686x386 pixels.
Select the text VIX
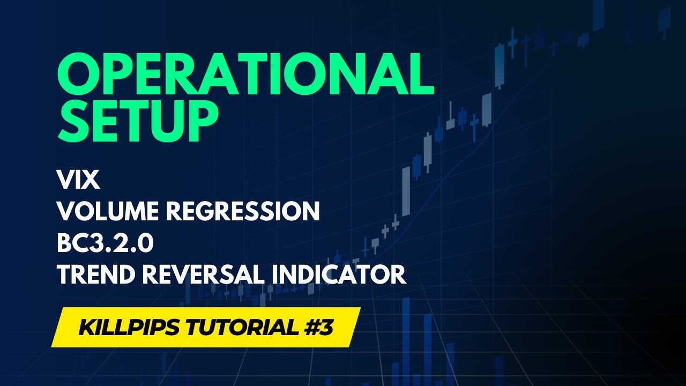click(79, 181)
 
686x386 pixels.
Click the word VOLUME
click(109, 212)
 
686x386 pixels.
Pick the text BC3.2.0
click(106, 243)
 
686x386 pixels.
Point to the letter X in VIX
click(91, 181)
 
